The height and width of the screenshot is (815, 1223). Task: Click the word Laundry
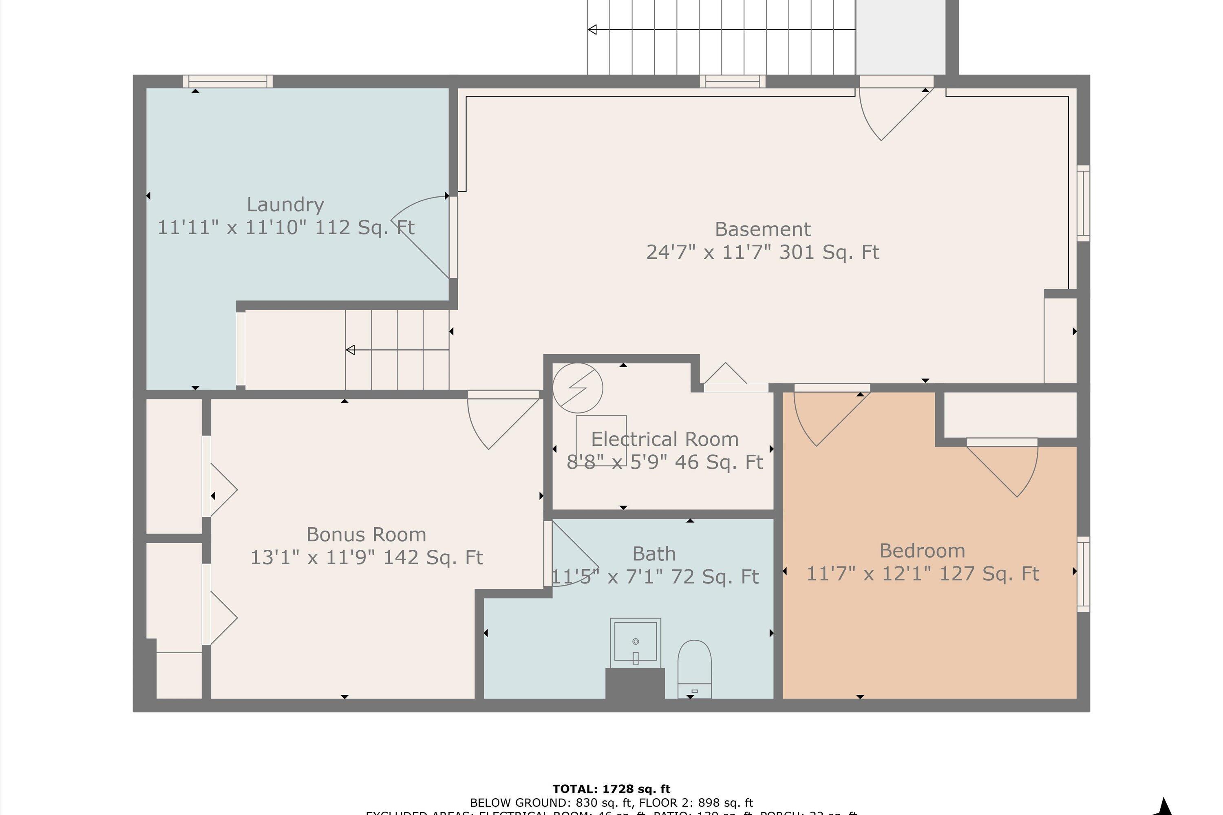click(x=285, y=204)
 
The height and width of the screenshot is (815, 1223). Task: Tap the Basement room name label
click(x=762, y=229)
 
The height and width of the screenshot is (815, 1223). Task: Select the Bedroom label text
click(x=922, y=551)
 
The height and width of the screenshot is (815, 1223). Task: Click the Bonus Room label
click(x=366, y=534)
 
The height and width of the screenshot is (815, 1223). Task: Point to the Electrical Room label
click(x=664, y=439)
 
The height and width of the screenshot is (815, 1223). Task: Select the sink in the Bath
click(x=636, y=643)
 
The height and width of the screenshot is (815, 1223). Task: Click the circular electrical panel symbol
click(x=577, y=388)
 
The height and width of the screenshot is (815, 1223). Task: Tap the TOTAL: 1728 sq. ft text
click(x=611, y=789)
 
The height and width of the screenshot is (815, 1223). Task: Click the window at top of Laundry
click(x=228, y=81)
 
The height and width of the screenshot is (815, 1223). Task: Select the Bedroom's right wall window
click(x=1083, y=574)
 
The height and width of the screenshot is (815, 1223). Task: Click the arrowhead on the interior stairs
click(x=351, y=350)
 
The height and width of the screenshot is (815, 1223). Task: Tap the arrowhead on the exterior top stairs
click(x=592, y=30)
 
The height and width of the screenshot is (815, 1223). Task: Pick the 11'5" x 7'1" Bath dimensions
click(x=654, y=577)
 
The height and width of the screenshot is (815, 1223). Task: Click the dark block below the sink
click(x=635, y=683)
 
